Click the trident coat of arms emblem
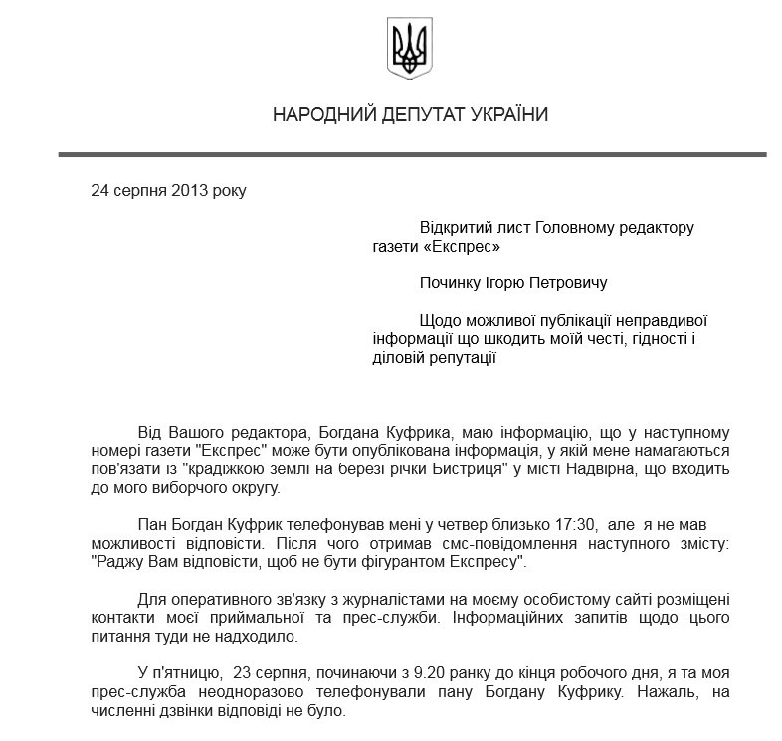409,49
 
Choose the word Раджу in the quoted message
121,562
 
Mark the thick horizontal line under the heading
412,154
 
